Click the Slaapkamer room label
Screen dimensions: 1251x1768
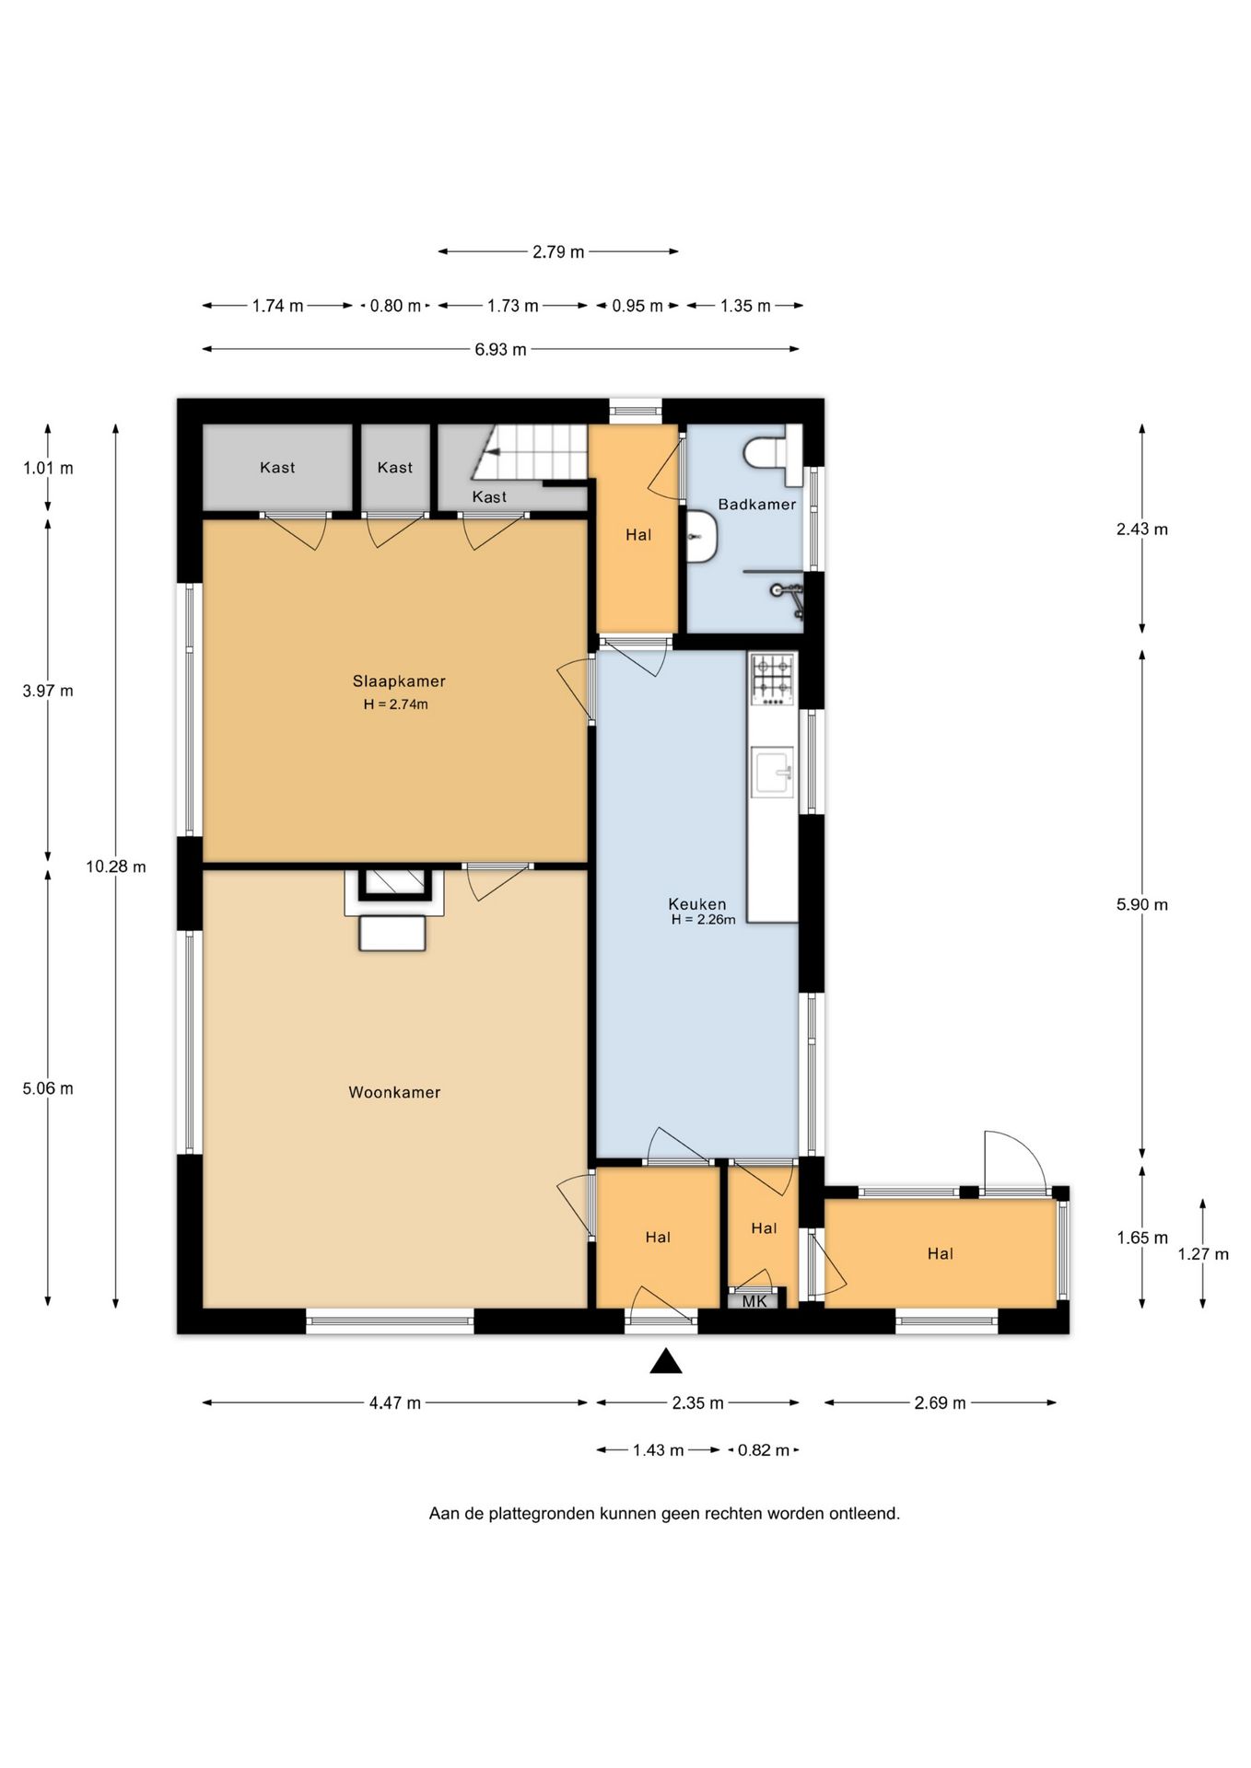[x=399, y=681]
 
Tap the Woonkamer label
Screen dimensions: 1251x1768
[x=394, y=1092]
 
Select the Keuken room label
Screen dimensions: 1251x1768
[x=697, y=904]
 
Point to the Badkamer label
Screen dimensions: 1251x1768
[x=756, y=504]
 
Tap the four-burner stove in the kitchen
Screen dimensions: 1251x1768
[x=772, y=679]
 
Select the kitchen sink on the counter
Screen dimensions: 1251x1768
[x=772, y=772]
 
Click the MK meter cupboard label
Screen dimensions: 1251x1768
[x=754, y=1301]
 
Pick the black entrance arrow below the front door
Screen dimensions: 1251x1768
[x=666, y=1361]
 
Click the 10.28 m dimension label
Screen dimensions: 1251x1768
[x=116, y=867]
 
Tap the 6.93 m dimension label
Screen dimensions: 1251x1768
[x=501, y=350]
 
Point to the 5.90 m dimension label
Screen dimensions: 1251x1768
[x=1142, y=904]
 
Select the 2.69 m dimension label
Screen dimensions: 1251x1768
[x=940, y=1403]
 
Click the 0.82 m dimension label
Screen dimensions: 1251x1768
[x=764, y=1450]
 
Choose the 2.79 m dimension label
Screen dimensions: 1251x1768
[x=558, y=251]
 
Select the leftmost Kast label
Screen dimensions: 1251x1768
[x=277, y=468]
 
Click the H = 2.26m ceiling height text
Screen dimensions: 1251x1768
[x=703, y=920]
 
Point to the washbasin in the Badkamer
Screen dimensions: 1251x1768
[x=702, y=537]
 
